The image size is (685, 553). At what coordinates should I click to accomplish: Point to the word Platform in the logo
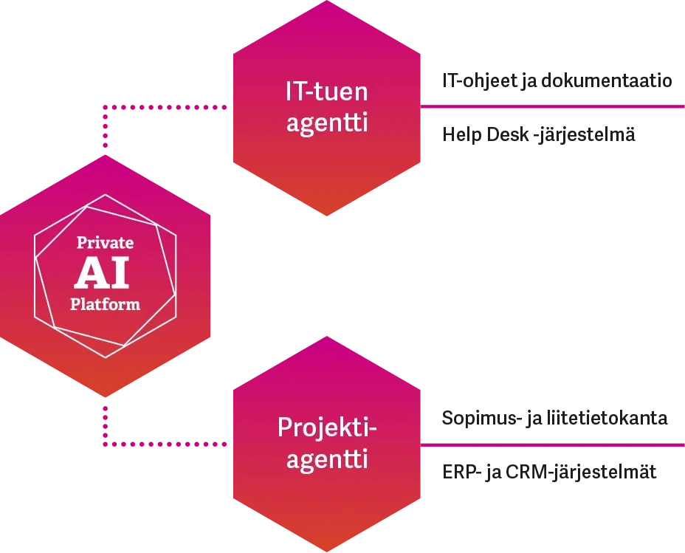click(106, 303)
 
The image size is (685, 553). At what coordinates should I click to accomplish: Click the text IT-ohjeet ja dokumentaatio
click(557, 81)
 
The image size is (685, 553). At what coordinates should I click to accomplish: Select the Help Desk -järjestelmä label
click(539, 135)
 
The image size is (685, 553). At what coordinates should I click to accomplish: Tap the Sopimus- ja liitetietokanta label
click(554, 419)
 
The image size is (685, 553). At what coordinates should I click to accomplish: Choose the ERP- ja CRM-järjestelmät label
click(549, 472)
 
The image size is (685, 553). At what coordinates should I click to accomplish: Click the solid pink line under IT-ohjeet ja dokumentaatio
click(552, 108)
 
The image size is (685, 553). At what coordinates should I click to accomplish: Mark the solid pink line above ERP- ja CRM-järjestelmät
click(552, 444)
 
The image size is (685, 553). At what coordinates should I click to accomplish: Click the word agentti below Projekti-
click(327, 460)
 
